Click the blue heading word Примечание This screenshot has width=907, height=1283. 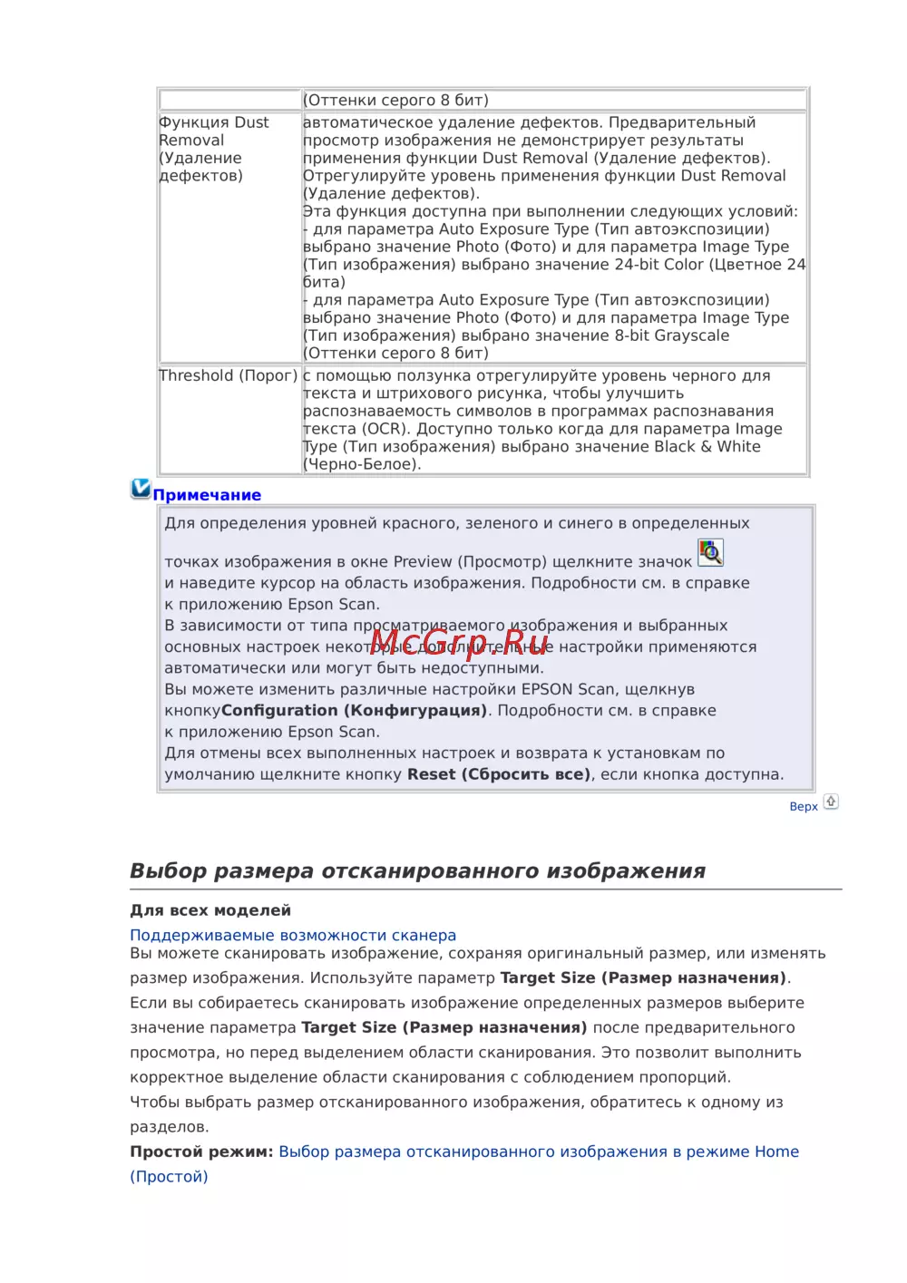point(207,495)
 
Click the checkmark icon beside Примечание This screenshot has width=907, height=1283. point(141,489)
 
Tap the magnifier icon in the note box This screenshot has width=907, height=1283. point(710,552)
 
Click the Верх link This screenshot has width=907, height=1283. point(804,806)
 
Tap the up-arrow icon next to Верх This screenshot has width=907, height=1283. point(831,802)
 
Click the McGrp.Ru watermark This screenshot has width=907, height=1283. point(460,643)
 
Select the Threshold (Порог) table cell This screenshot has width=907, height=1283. point(229,375)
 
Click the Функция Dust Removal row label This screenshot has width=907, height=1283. point(214,149)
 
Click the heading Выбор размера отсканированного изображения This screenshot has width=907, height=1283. point(417,870)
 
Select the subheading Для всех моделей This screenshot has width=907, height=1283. point(210,910)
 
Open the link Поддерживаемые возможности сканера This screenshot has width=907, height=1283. point(293,935)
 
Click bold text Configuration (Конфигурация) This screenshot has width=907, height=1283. point(354,711)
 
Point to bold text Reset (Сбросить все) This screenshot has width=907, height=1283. point(499,774)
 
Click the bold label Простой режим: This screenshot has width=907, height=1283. point(201,1152)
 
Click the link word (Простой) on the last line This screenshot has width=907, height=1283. point(169,1177)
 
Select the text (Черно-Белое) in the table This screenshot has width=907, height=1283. point(361,464)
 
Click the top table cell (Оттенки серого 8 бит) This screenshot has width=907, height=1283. point(395,100)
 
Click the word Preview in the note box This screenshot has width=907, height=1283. point(423,562)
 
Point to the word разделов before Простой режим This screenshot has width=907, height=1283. point(169,1127)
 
